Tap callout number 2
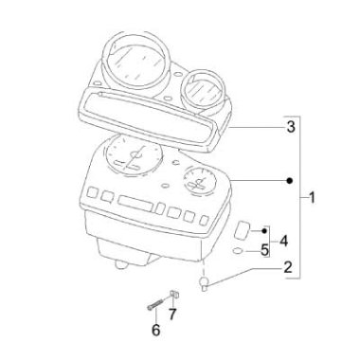click(287, 269)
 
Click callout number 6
click(158, 331)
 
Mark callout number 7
click(172, 314)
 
